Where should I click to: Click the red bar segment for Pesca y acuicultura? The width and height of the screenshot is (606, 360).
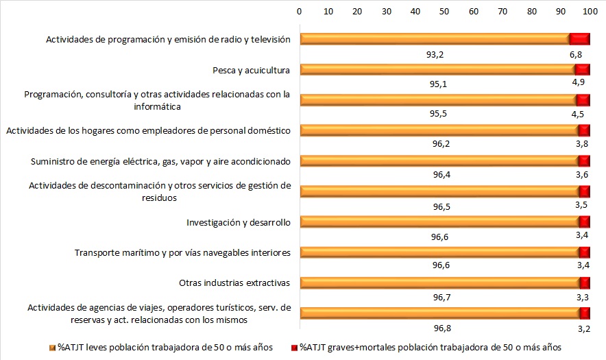click(583, 69)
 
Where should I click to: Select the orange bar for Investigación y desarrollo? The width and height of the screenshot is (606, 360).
click(439, 221)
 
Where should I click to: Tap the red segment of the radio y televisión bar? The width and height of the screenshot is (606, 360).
click(580, 39)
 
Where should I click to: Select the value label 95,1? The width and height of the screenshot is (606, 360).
click(438, 84)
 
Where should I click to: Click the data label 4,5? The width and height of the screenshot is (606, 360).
click(577, 115)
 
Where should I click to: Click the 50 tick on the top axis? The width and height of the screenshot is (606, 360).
click(444, 11)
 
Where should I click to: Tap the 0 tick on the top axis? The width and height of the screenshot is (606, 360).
click(300, 11)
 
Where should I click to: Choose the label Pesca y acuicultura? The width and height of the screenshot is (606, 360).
click(252, 69)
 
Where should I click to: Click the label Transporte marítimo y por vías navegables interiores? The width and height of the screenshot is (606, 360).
click(182, 252)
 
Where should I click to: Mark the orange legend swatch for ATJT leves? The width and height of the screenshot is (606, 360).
click(52, 348)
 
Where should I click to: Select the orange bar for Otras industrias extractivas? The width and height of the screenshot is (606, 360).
click(439, 283)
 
